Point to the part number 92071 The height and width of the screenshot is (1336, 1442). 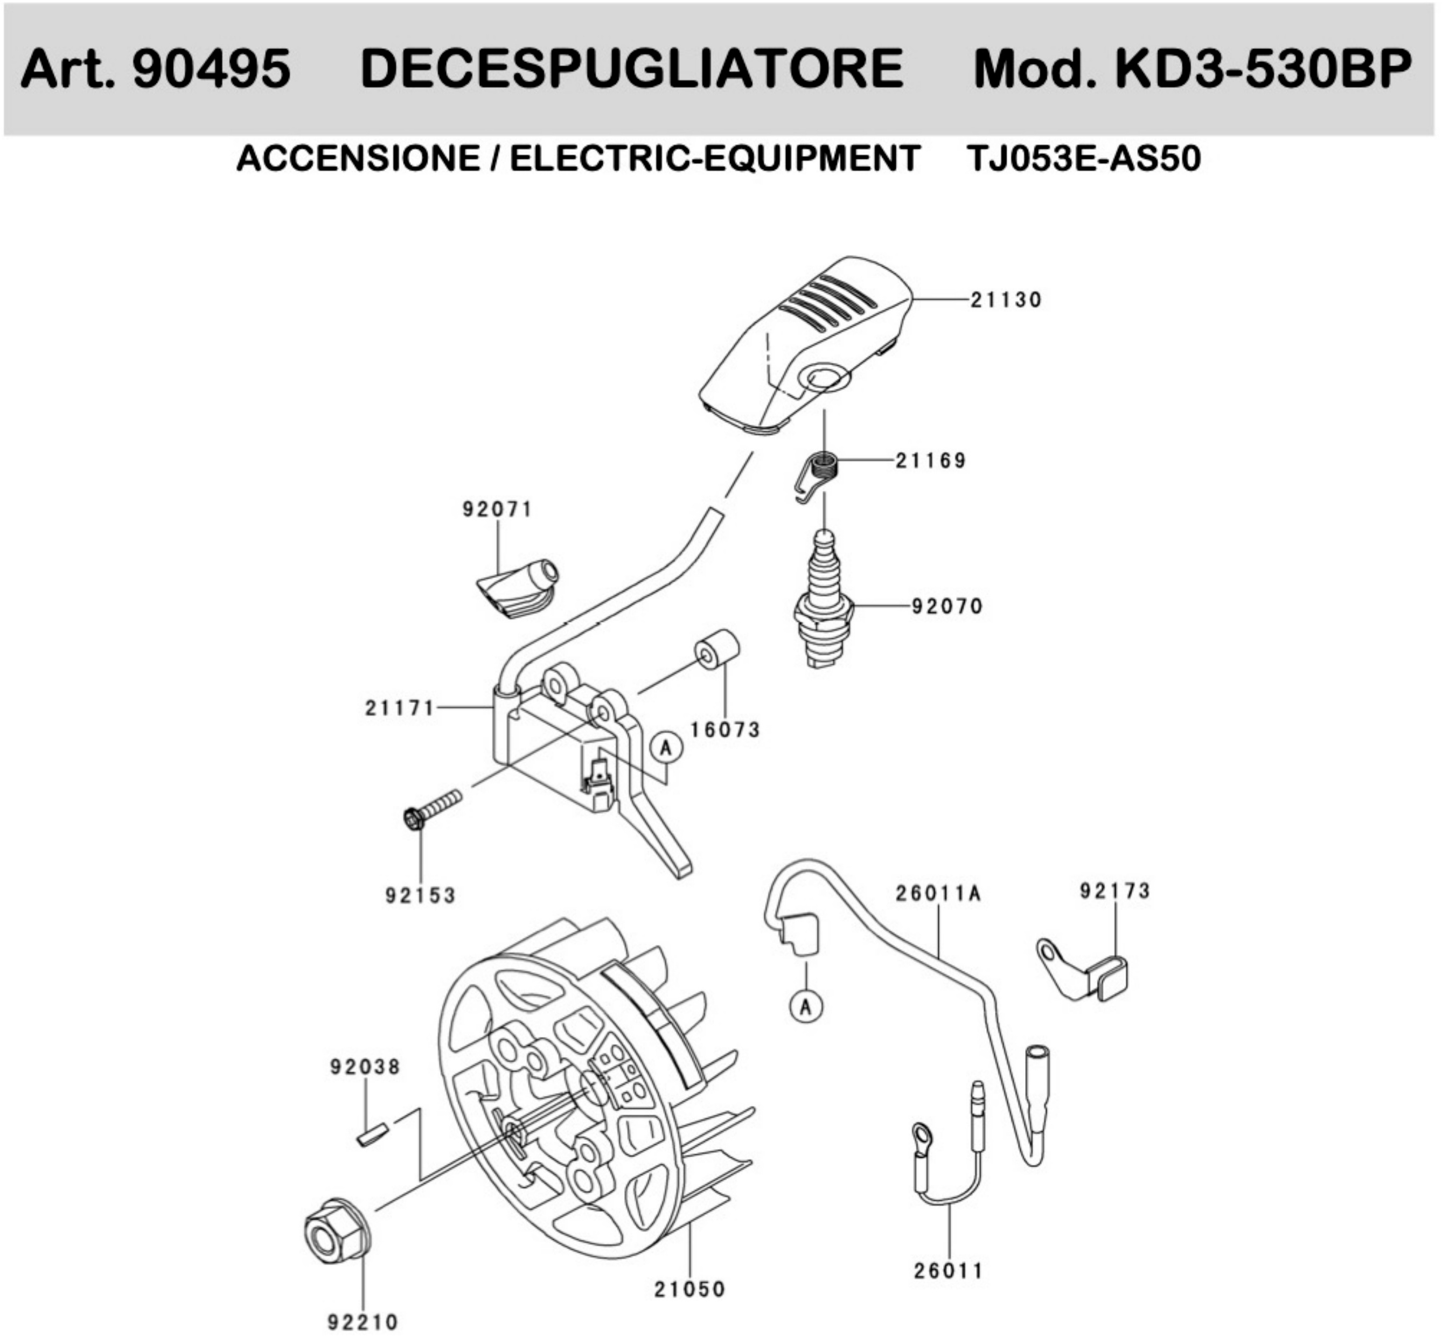pos(497,510)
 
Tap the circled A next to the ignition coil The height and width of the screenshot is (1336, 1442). pos(666,747)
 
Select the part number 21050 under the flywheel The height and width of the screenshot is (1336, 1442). pos(689,1289)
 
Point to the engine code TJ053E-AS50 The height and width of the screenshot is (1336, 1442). pos(1083,158)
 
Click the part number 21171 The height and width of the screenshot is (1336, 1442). pos(399,708)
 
